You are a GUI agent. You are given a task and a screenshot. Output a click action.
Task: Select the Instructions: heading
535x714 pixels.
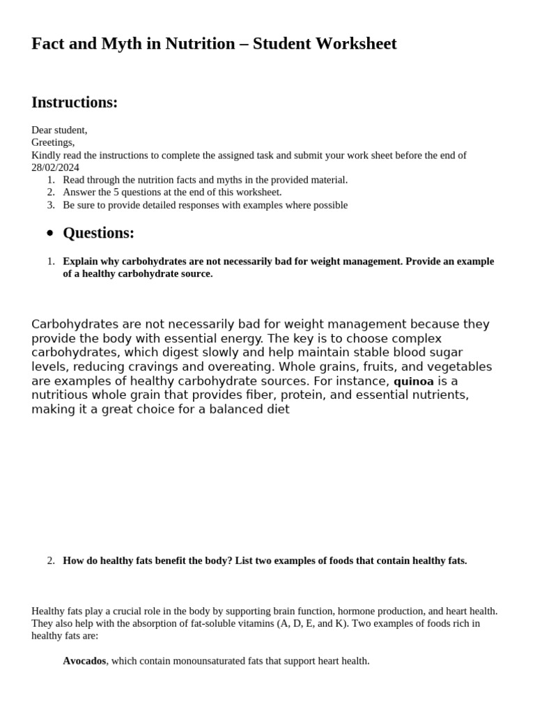75,102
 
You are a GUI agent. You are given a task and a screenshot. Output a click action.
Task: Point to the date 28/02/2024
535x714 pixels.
55,167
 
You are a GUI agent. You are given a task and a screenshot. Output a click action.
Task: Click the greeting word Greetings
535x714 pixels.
52,142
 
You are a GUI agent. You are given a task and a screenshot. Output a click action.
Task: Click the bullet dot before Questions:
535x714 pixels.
49,234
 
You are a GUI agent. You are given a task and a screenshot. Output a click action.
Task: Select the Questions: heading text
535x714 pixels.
98,233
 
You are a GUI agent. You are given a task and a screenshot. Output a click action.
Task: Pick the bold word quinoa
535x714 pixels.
414,381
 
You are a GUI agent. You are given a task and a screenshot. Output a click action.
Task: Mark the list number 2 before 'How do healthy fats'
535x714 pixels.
50,561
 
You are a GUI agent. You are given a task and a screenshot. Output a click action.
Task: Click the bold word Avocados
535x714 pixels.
84,660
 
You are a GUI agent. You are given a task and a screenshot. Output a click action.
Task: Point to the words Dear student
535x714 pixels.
59,130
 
